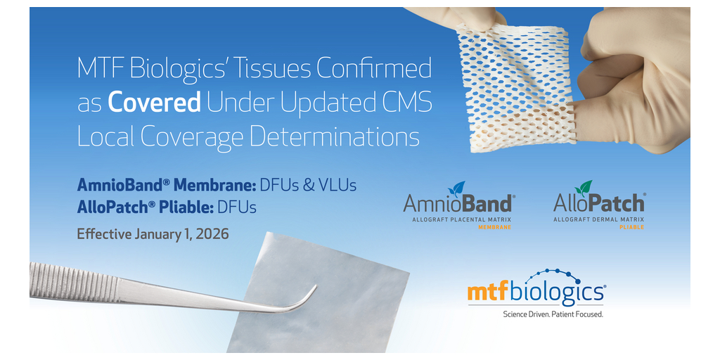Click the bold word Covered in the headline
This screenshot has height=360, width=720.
coord(154,104)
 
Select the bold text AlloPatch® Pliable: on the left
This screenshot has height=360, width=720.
coord(146,207)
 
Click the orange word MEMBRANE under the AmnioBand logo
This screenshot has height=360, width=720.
coord(494,227)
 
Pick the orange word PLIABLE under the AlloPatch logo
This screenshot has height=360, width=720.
coord(631,227)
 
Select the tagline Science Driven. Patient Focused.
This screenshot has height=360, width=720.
coord(553,314)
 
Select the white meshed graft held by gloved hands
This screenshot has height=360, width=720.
coord(517,88)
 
